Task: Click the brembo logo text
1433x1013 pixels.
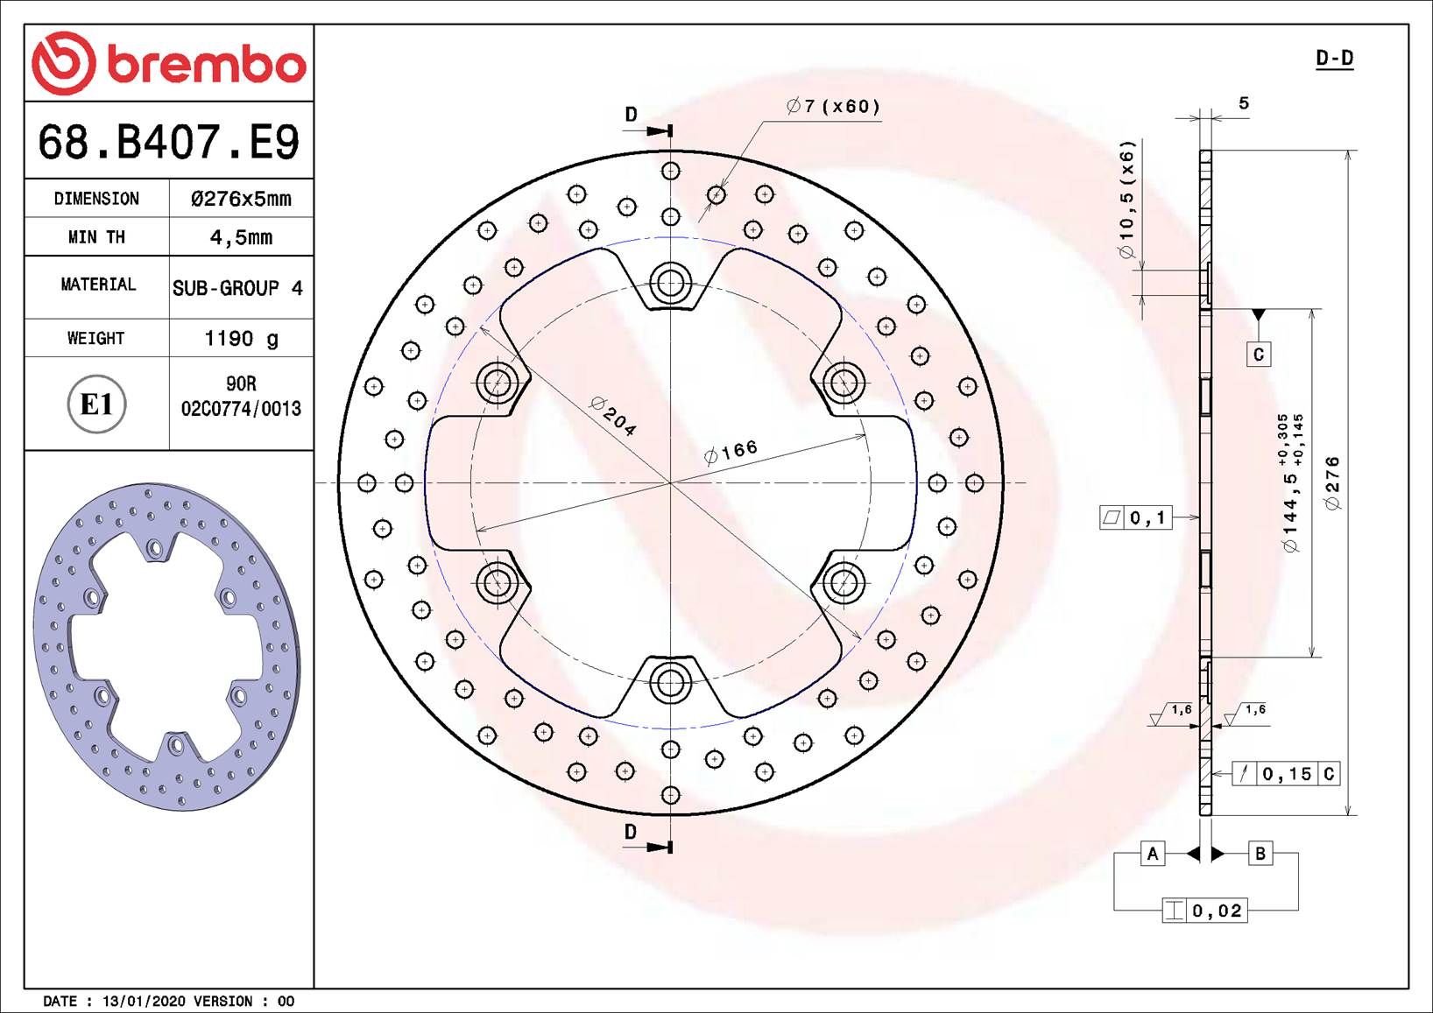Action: (207, 65)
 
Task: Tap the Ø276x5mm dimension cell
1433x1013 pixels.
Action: (241, 199)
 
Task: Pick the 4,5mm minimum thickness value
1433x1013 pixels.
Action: (241, 237)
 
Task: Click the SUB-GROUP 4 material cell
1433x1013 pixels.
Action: (237, 288)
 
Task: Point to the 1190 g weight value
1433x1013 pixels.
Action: (241, 338)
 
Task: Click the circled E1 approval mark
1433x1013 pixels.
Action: (96, 404)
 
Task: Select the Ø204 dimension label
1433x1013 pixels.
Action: (613, 417)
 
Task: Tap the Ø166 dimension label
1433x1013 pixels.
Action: (731, 452)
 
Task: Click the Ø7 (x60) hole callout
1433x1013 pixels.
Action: (833, 107)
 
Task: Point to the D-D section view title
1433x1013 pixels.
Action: (1335, 59)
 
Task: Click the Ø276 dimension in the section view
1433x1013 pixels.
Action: (1333, 482)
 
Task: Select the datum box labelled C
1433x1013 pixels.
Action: (1259, 355)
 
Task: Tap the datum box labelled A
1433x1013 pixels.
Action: (1153, 854)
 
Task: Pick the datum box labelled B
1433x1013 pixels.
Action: (1260, 854)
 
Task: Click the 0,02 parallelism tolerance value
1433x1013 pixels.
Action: (1217, 911)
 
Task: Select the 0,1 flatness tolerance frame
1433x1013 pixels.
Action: (1136, 517)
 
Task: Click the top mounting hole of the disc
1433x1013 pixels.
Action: (670, 281)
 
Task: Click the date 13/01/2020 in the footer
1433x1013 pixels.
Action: (144, 1001)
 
